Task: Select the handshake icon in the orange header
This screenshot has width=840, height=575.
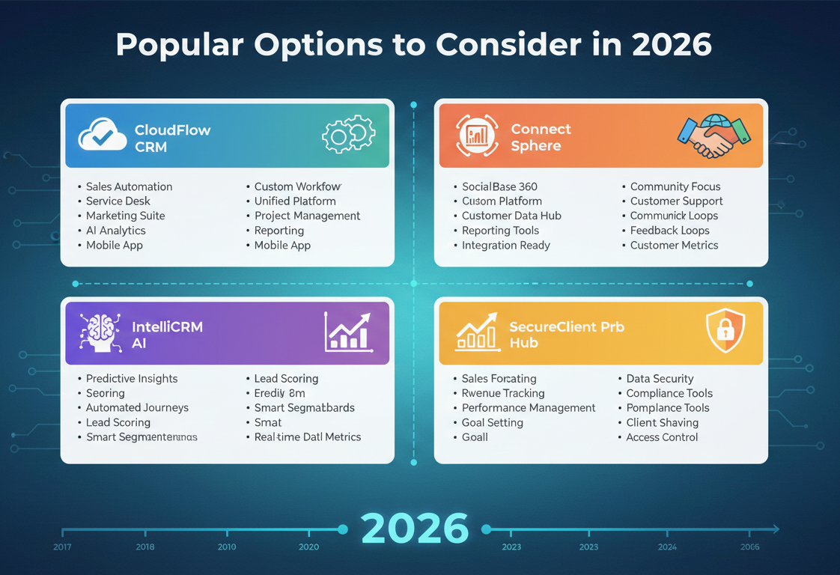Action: click(x=713, y=136)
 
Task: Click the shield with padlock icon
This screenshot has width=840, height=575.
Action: click(x=725, y=329)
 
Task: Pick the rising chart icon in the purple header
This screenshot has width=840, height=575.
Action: click(x=348, y=332)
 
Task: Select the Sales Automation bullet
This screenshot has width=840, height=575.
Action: click(x=129, y=186)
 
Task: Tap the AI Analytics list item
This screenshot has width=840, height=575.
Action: click(x=115, y=231)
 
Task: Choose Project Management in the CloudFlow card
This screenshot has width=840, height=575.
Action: click(x=307, y=216)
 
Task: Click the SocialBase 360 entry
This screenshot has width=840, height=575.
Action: click(x=499, y=186)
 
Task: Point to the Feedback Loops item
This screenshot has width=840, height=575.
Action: click(x=669, y=231)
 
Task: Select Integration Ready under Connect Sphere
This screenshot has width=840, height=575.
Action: click(x=505, y=245)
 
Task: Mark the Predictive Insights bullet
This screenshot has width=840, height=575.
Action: click(x=132, y=379)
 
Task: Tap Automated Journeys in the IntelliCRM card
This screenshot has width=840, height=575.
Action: click(x=137, y=408)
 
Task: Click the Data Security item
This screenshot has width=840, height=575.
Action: click(x=660, y=379)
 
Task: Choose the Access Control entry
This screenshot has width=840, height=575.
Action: click(x=662, y=437)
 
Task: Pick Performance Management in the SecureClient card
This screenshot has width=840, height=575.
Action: click(x=529, y=408)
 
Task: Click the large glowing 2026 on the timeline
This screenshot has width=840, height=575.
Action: click(x=414, y=529)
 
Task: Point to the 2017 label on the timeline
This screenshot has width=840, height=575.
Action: click(x=63, y=547)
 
